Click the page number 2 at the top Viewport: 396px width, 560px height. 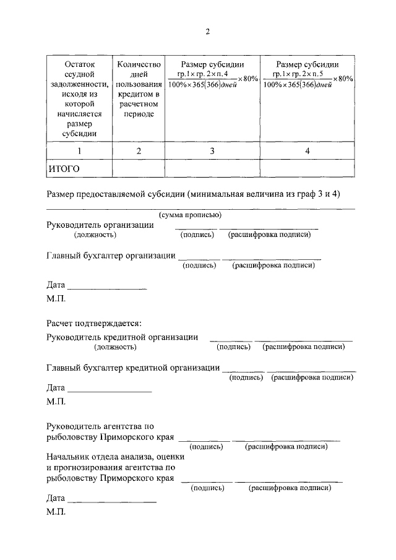(x=208, y=32)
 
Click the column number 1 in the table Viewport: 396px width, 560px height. (x=77, y=150)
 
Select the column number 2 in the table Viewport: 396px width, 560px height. (x=139, y=150)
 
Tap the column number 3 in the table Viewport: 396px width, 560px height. (x=212, y=150)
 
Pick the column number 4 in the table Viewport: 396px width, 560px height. (x=307, y=150)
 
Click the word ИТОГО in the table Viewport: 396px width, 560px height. (x=64, y=168)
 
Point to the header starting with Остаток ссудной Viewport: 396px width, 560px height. (x=77, y=98)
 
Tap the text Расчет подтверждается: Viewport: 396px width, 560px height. (x=94, y=323)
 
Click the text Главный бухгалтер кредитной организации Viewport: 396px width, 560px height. (x=133, y=368)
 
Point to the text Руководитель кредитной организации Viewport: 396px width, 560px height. (x=123, y=337)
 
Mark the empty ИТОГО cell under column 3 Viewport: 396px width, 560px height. (x=212, y=168)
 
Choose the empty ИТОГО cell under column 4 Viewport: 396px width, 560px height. (x=307, y=168)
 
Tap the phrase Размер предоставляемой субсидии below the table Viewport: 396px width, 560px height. (x=116, y=194)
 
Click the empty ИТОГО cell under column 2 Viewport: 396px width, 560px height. (x=139, y=168)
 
